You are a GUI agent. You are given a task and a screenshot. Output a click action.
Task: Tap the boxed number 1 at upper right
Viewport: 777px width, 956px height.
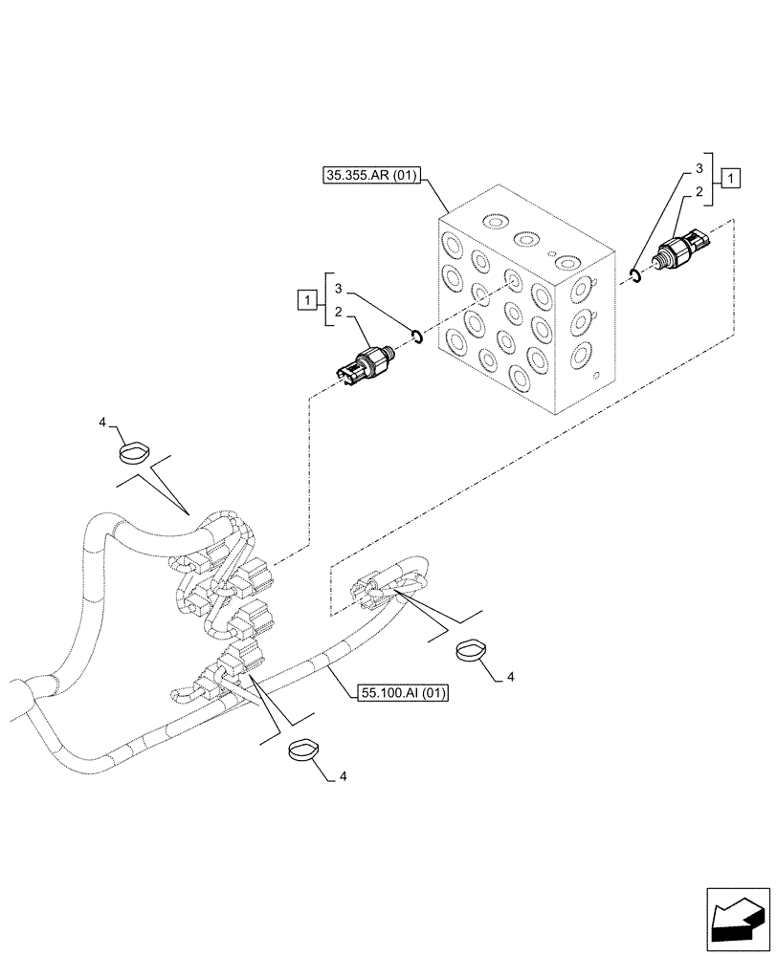[730, 177]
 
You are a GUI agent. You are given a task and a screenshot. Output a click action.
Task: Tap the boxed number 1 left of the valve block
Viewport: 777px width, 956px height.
[307, 302]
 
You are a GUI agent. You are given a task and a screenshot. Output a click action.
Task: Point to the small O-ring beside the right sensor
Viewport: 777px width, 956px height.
[634, 276]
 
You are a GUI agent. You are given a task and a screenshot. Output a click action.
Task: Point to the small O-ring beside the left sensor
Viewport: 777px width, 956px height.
[416, 335]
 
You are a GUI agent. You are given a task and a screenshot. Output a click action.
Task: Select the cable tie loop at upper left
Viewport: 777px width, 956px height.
[134, 449]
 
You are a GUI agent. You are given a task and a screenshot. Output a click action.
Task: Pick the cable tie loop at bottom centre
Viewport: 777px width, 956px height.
[304, 750]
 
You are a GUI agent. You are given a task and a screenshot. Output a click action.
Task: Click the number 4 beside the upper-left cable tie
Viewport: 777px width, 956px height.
[102, 421]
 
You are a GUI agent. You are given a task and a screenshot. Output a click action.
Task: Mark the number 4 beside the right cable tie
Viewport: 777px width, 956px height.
[510, 678]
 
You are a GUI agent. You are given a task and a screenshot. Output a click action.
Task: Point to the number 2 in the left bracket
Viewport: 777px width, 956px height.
[340, 312]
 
